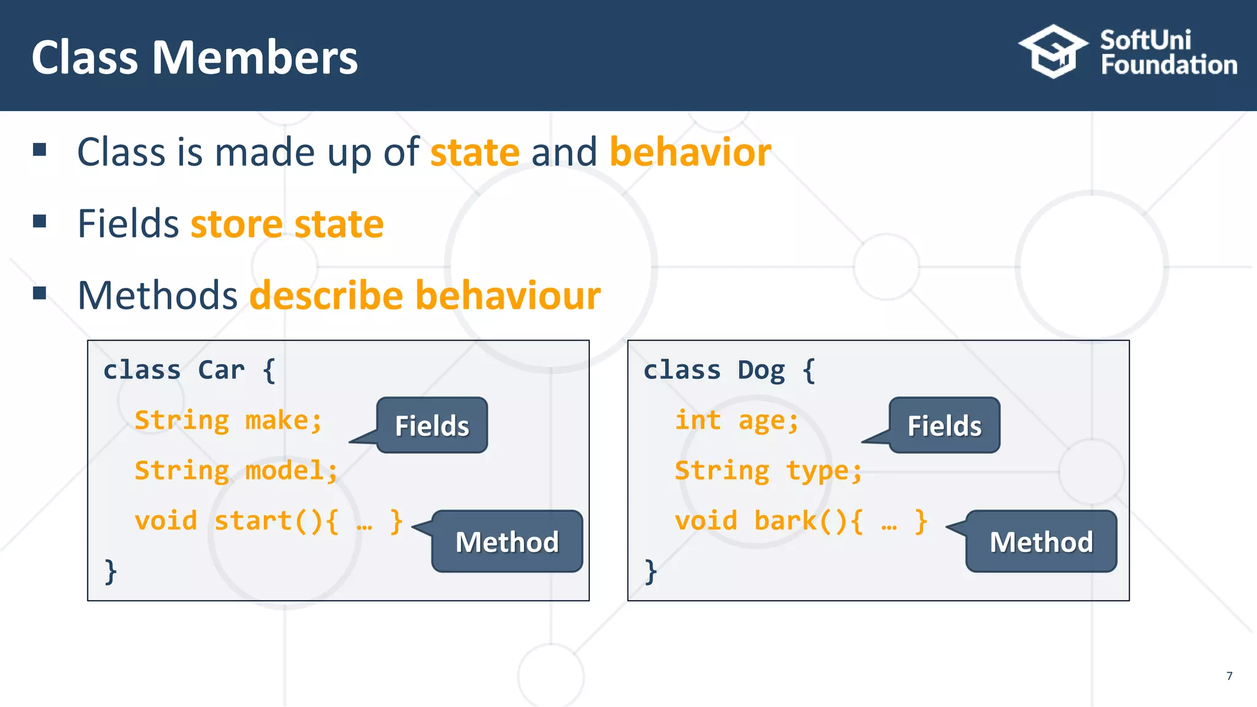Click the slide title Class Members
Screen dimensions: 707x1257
(x=194, y=58)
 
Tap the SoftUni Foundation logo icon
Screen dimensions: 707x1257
(x=1053, y=52)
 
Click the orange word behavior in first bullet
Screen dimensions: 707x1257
(x=690, y=152)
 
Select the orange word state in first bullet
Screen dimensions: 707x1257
(x=475, y=152)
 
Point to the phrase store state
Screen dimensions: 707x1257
(x=287, y=224)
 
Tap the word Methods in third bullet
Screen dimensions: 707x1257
(x=157, y=296)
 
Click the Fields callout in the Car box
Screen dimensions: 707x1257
(x=432, y=425)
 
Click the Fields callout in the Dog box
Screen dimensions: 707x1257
(x=945, y=425)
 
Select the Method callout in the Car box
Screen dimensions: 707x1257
(x=507, y=541)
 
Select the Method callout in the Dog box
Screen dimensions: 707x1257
(x=1041, y=541)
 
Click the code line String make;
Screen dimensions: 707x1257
(x=228, y=421)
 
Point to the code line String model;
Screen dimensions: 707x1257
(x=236, y=471)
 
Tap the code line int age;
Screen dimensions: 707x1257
(x=737, y=421)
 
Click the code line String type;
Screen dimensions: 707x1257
(x=768, y=471)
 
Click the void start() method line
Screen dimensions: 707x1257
(x=268, y=521)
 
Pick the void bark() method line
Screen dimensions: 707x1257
(x=800, y=521)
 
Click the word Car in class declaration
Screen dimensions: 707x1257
(x=221, y=371)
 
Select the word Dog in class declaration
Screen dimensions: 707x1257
(x=761, y=371)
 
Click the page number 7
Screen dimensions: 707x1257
(x=1229, y=676)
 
